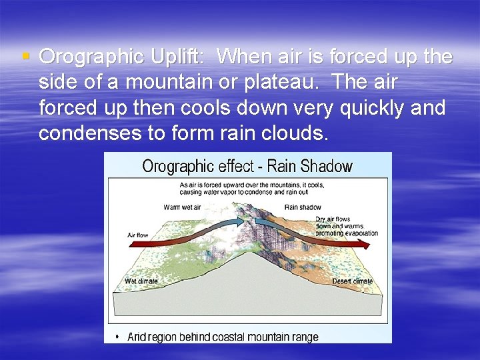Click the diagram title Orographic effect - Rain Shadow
247,166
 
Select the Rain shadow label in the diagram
302,207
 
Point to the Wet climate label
141,281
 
